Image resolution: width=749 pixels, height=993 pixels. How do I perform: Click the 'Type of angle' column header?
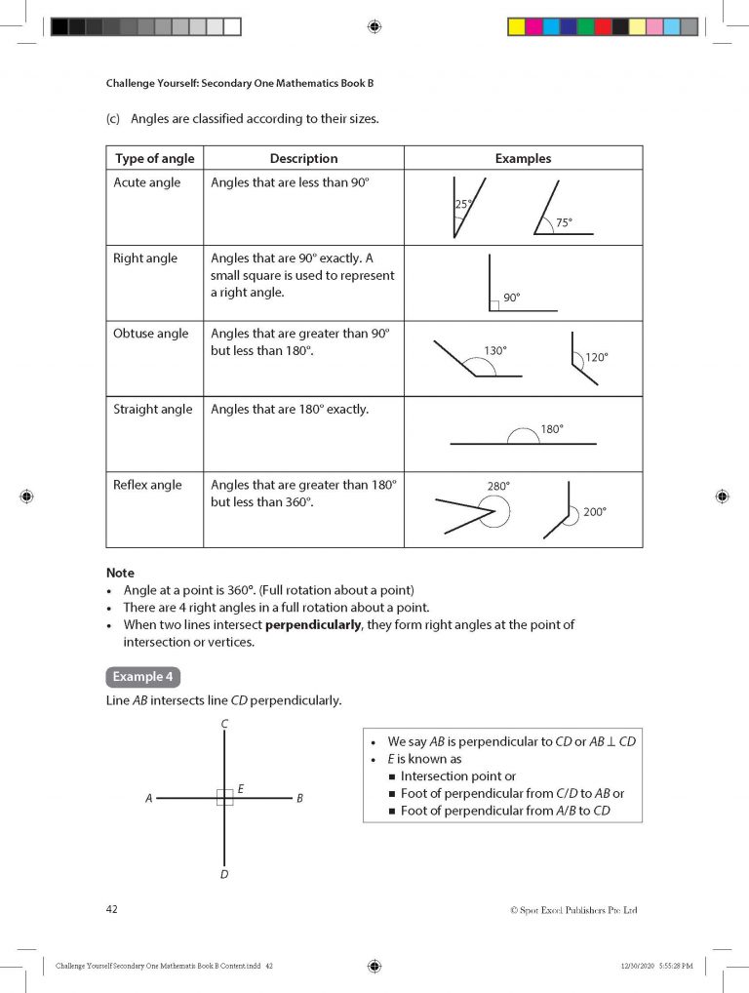point(154,158)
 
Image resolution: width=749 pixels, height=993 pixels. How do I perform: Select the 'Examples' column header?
point(523,158)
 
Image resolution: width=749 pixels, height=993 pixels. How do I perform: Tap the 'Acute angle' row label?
point(146,183)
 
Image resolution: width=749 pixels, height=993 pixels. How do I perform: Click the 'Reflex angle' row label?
point(147,485)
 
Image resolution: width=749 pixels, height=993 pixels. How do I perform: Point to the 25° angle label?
point(463,205)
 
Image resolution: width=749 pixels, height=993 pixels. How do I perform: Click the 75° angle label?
point(564,223)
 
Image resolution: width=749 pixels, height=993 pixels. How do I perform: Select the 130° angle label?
point(495,350)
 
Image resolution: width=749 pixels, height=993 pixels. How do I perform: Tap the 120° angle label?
point(596,358)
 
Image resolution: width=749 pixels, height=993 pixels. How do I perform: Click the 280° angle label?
point(498,485)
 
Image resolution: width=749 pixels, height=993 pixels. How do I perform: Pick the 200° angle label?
point(594,511)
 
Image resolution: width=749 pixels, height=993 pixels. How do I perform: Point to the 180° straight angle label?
point(552,428)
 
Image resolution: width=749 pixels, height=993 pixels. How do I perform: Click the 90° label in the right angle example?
point(512,298)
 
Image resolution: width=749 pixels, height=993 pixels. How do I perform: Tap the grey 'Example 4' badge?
point(142,677)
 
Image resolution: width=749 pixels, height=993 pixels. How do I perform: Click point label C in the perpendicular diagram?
point(224,724)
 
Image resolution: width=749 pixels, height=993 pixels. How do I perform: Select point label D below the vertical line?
point(224,874)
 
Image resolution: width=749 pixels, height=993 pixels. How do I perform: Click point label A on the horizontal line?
point(149,799)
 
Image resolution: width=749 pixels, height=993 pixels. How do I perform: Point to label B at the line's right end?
point(299,799)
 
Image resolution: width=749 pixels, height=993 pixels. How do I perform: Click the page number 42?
point(112,909)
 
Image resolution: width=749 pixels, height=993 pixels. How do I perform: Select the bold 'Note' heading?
point(120,573)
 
